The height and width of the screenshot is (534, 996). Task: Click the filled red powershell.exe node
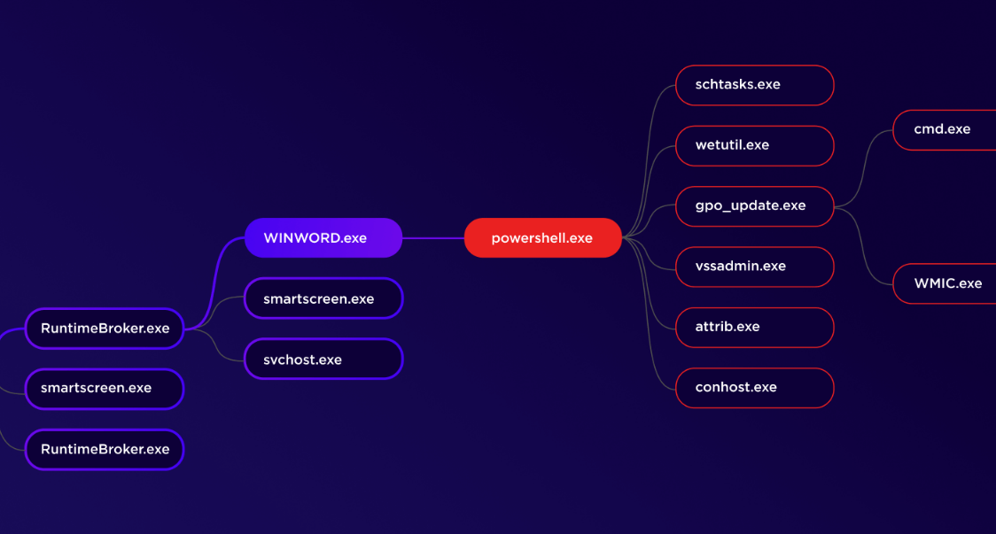[x=543, y=238]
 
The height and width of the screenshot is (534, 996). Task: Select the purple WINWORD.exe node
[x=323, y=238]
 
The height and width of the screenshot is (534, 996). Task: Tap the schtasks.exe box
[x=755, y=85]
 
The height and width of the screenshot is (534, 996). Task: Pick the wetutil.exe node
[x=755, y=145]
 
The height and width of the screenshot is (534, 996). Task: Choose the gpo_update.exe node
[x=755, y=206]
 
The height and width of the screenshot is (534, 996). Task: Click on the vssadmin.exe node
[x=755, y=267]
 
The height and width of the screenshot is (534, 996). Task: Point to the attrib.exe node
[x=755, y=327]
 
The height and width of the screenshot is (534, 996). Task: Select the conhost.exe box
[x=755, y=388]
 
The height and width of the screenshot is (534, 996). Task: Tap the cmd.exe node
[x=945, y=129]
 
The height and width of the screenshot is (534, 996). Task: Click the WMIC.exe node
[x=945, y=284]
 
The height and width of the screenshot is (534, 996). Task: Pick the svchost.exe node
[x=323, y=359]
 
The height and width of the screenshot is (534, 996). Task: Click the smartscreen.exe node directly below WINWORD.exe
[x=323, y=298]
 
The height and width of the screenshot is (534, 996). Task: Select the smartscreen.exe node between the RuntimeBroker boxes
[x=105, y=389]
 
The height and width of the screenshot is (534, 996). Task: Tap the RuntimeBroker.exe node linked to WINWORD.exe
[x=105, y=329]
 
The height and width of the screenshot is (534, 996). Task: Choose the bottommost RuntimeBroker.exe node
[x=105, y=450]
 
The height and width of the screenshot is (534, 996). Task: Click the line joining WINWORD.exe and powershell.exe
[x=433, y=238]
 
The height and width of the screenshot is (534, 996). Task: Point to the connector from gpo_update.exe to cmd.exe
[x=864, y=168]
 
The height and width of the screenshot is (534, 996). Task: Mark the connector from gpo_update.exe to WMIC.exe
[x=863, y=245]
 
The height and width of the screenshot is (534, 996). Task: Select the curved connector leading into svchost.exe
[x=215, y=344]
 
